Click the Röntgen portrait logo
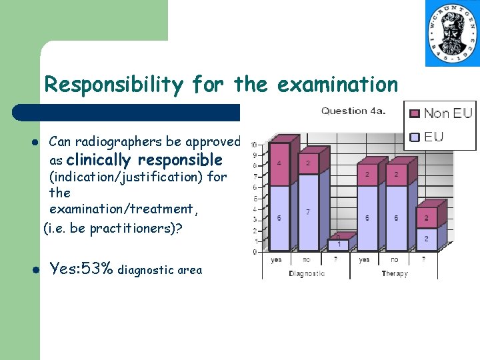click(452, 33)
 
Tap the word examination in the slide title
click(337, 85)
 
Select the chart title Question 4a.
click(353, 111)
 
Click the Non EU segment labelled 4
click(279, 163)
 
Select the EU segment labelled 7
click(307, 212)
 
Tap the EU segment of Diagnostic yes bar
click(279, 218)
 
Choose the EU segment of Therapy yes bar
click(366, 218)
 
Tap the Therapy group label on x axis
click(395, 273)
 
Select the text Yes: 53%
click(81, 269)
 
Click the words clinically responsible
click(144, 159)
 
